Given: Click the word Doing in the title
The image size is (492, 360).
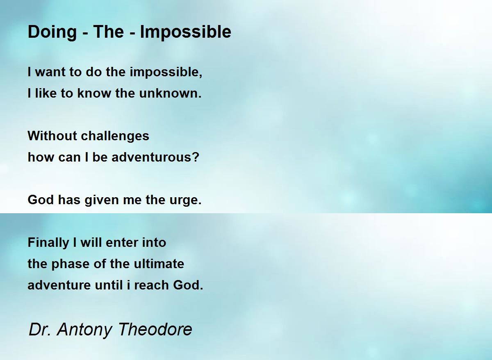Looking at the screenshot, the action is tap(52, 32).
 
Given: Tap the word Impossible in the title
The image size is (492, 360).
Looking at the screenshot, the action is tap(186, 32).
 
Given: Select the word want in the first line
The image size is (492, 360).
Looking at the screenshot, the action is tap(50, 72).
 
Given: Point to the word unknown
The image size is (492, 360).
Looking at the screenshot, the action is tap(170, 93).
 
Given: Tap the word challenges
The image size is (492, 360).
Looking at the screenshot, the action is tap(115, 137).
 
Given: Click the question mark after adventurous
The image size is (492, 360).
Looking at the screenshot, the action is tap(195, 157).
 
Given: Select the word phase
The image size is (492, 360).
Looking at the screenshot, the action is tap(70, 264).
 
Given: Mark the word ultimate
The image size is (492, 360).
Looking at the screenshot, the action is tap(159, 264).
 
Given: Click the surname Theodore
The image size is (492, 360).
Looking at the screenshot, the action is tap(155, 329).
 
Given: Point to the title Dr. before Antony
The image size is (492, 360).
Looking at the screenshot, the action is tap(40, 329).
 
